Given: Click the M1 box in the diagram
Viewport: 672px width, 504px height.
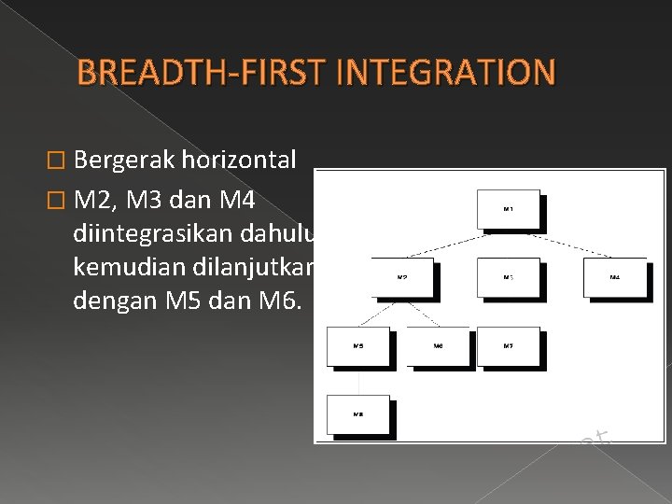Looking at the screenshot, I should point(508,209).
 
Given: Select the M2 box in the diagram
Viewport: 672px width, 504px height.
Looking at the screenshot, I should point(402,277).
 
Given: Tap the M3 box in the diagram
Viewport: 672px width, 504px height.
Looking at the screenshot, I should point(508,277).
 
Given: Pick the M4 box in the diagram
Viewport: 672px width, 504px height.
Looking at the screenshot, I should point(614,277).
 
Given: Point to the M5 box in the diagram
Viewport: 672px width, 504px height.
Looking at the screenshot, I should point(357,345).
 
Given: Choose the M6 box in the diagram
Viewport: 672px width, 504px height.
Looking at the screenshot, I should point(439,345).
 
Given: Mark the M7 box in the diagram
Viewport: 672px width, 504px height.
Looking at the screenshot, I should point(508,345).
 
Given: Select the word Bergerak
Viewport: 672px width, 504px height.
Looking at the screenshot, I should point(123,160).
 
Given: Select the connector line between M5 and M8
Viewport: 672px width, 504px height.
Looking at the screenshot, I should point(357,380).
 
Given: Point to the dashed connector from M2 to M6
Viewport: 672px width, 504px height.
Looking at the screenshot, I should point(421,313).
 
